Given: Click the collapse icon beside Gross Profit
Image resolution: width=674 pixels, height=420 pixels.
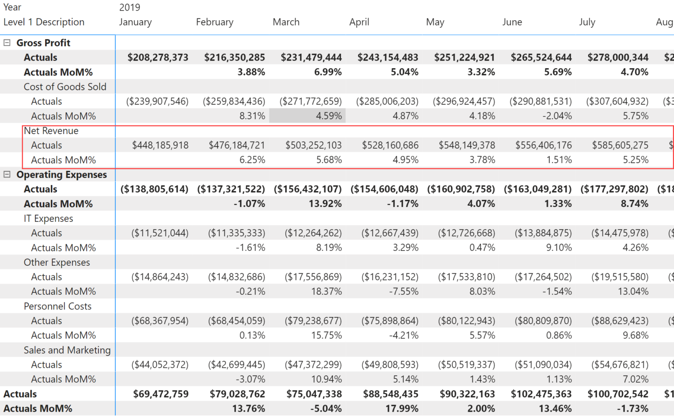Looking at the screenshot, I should point(7,43).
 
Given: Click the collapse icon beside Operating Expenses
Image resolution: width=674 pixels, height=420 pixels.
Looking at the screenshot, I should point(7,174).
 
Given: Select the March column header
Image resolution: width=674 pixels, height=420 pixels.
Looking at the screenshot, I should point(286,22).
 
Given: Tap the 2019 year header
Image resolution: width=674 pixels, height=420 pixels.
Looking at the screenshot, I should point(129,7).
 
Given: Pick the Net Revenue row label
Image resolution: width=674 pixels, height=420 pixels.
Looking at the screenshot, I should point(51,130).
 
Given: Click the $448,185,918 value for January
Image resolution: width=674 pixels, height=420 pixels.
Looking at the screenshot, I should point(160,145).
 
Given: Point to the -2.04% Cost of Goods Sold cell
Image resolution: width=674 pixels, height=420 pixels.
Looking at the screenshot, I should point(557,116).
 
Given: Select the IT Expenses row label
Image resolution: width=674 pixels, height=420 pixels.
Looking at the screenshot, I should point(48,218).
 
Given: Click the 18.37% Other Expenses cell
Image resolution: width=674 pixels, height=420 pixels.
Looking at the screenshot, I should point(326,291).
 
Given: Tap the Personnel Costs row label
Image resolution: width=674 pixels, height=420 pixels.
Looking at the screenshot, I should point(57,306).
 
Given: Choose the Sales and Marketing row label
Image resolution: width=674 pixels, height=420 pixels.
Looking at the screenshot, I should point(67,350).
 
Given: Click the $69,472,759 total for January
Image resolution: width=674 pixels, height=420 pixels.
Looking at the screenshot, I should point(161,394).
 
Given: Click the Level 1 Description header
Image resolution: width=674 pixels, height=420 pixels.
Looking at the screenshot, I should point(44,22).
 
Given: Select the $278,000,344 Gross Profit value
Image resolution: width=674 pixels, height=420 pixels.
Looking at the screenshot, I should point(618,57).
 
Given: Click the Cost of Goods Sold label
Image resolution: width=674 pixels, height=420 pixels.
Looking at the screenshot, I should point(65,87).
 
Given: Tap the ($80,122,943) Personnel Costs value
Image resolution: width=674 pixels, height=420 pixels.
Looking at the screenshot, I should point(466,321).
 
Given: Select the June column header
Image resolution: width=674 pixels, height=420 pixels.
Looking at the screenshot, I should point(512,22).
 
